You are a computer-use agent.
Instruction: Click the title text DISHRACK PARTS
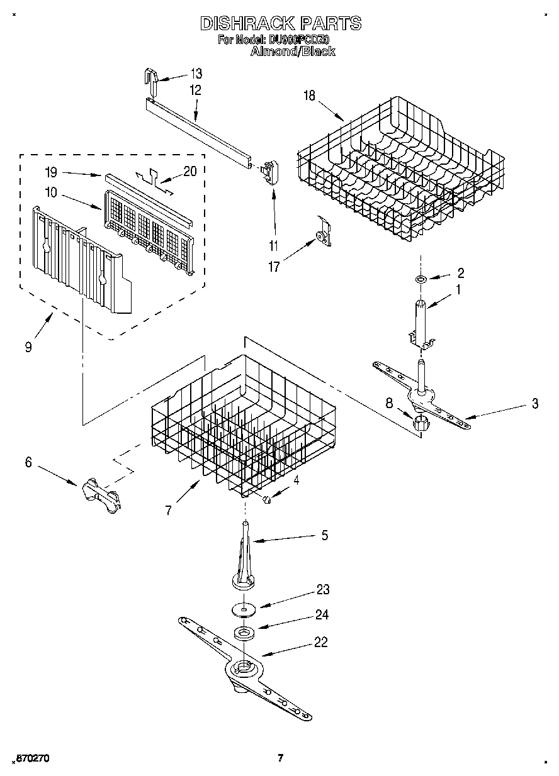point(280,24)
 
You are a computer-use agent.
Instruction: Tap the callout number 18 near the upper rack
point(308,96)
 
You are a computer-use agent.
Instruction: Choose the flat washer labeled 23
point(243,608)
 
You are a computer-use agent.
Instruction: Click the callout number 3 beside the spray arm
point(534,404)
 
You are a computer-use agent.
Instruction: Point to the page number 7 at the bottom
point(281,757)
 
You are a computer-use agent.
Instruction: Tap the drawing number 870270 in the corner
point(31,758)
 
